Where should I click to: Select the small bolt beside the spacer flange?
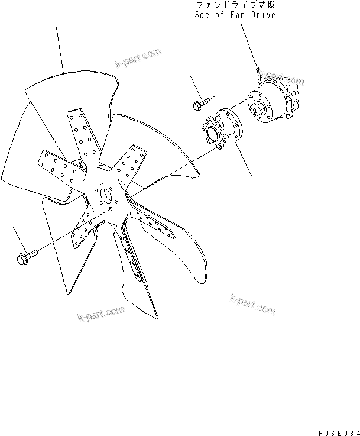point(202,105)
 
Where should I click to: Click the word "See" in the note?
point(203,15)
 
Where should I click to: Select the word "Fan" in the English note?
point(243,15)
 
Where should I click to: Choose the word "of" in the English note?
point(223,15)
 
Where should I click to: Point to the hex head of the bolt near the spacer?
point(197,106)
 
